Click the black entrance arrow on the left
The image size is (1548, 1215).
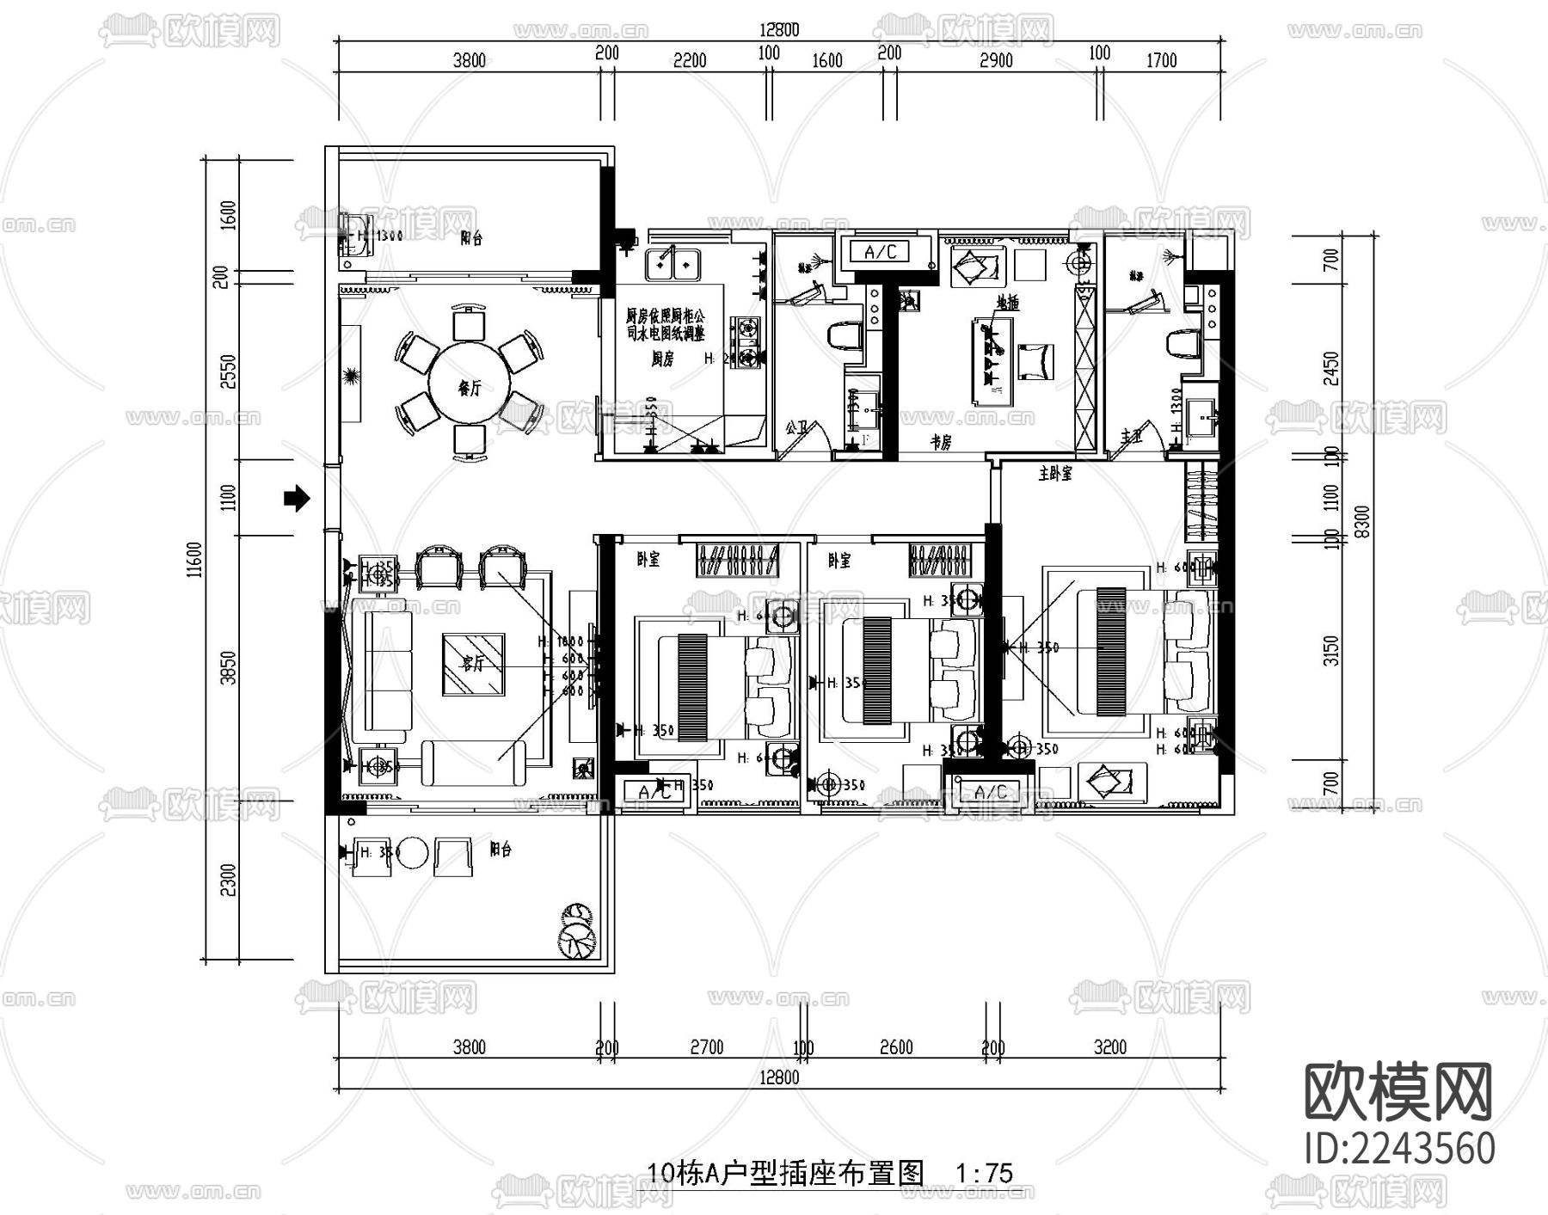[x=297, y=497]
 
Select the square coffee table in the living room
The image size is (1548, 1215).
[x=473, y=664]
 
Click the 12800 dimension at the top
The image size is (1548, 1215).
[x=778, y=30]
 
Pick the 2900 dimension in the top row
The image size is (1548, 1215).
[x=995, y=60]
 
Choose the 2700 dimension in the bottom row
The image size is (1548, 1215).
[x=706, y=1046]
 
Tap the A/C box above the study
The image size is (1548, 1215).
[x=880, y=251]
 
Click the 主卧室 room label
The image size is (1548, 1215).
[x=1055, y=474]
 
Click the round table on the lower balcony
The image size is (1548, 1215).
[x=413, y=853]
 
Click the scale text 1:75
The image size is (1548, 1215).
[x=984, y=1173]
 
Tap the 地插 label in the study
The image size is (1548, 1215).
[x=1007, y=303]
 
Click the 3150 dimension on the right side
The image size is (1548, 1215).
[x=1331, y=650]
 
